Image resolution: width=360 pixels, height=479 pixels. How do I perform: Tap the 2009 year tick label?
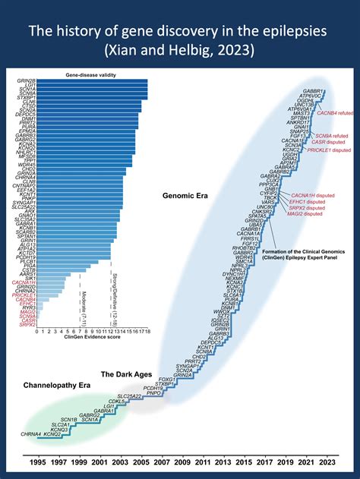point(182,462)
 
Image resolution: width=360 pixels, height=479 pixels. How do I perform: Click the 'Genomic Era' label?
point(185,195)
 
